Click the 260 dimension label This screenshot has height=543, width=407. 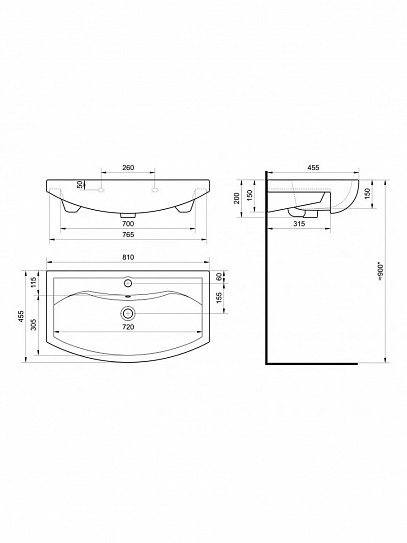pyautogui.click(x=128, y=168)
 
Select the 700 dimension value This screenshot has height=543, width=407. pyautogui.click(x=128, y=223)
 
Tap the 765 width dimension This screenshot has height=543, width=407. pyautogui.click(x=128, y=234)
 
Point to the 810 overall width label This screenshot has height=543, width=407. pyautogui.click(x=128, y=257)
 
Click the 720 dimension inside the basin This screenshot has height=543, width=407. pyautogui.click(x=128, y=327)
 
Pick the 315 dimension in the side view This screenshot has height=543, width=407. pyautogui.click(x=299, y=224)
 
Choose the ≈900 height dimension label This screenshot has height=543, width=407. pyautogui.click(x=381, y=272)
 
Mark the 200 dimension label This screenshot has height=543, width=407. pyautogui.click(x=237, y=198)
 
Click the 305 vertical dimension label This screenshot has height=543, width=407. pyautogui.click(x=34, y=324)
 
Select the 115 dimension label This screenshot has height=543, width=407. pyautogui.click(x=34, y=283)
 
